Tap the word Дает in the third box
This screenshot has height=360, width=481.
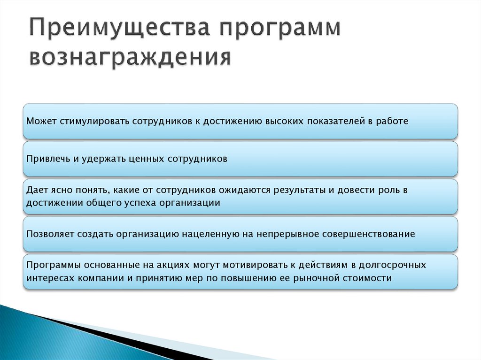click(37, 191)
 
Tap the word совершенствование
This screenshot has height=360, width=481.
click(368, 234)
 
